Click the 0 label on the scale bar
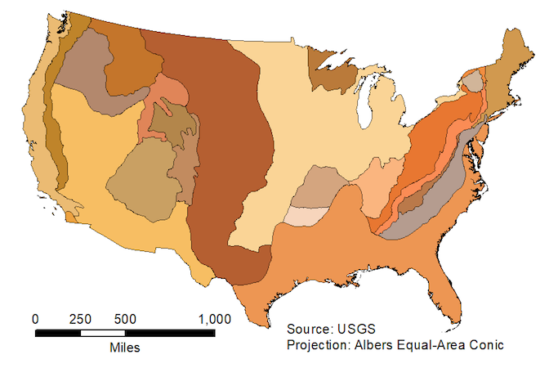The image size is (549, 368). point(35,318)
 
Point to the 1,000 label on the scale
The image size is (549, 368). point(213,318)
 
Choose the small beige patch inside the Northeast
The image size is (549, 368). point(475,81)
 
